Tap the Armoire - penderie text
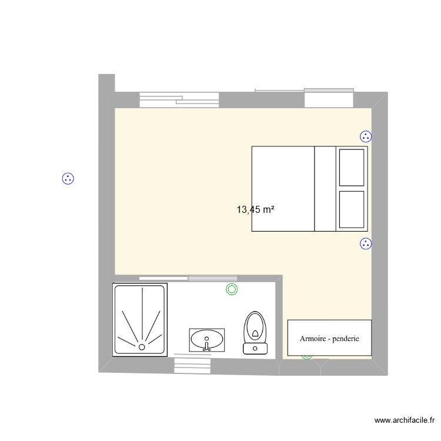329,339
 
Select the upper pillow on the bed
352,168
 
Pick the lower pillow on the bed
352,209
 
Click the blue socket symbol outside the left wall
68,178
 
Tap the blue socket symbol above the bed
366,137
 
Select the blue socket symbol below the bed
366,243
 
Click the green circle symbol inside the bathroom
232,289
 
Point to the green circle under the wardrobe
307,355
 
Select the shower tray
141,319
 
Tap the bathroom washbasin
207,339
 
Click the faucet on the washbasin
206,348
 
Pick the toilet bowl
255,327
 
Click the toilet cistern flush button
255,348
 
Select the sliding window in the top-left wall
179,100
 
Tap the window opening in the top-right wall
329,98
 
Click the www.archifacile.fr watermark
404,420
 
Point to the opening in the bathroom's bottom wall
193,365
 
